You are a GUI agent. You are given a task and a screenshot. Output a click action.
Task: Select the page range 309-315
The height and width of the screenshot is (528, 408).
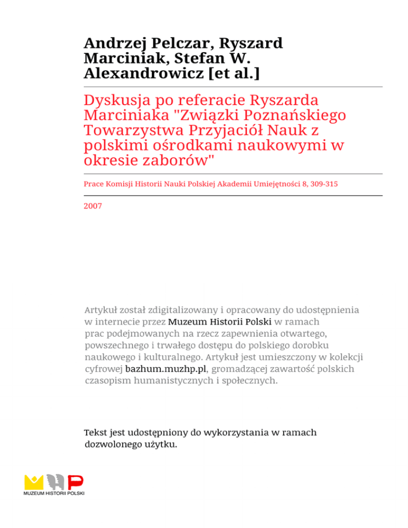(x=325, y=184)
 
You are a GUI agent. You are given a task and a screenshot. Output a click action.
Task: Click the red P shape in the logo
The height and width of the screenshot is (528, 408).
(x=76, y=482)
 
